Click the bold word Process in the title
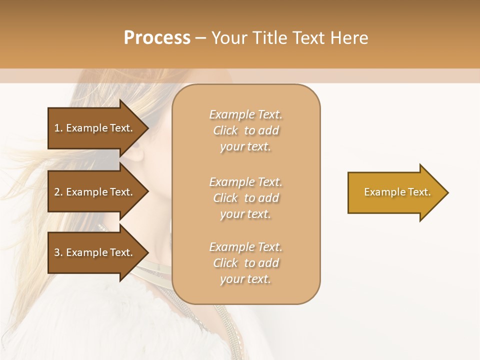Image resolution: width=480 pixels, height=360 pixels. (157, 38)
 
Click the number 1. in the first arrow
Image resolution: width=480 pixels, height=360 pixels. (58, 128)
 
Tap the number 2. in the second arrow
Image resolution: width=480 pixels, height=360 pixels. (58, 192)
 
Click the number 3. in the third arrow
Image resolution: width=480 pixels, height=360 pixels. (58, 252)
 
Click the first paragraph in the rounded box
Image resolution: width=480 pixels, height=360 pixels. (245, 130)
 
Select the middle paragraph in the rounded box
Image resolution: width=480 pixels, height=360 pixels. (245, 198)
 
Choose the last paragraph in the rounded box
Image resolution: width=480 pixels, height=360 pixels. (245, 263)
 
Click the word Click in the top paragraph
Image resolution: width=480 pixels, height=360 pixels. (225, 131)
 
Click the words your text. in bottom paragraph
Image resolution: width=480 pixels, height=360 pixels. (245, 279)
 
